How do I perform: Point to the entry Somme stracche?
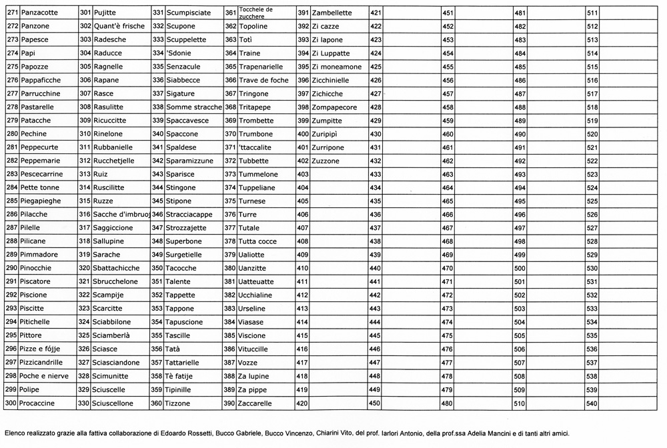(194, 107)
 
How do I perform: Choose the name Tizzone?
(178, 403)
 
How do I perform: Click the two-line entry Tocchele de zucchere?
(255, 13)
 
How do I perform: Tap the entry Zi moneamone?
(337, 67)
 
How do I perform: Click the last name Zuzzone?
(325, 161)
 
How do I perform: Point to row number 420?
(302, 403)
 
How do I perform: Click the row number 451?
(448, 13)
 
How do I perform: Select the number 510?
(520, 403)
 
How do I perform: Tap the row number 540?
(592, 403)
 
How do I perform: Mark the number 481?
(520, 13)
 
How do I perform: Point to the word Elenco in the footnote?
(15, 432)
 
